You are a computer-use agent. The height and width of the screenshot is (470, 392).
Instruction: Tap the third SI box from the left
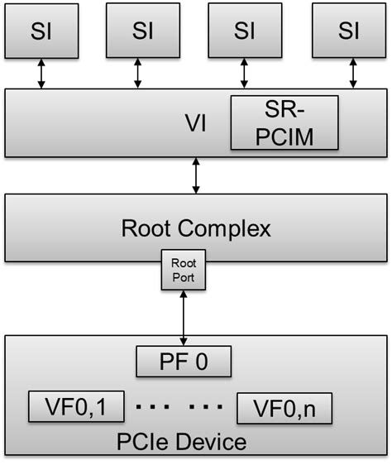click(245, 31)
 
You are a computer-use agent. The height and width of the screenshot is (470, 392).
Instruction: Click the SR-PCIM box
click(284, 122)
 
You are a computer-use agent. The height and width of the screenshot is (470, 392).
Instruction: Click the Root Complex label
click(195, 228)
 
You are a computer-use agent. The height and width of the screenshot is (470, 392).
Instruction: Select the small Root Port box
click(184, 271)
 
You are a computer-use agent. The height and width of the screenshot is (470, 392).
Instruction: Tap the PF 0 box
click(183, 362)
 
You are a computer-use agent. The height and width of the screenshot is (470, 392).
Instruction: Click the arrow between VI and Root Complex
click(195, 177)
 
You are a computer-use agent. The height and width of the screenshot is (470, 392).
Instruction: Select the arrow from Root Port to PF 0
click(184, 318)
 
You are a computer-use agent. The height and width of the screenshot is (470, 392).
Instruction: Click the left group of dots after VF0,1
click(152, 407)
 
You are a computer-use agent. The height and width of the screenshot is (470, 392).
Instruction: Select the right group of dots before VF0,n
click(208, 407)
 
